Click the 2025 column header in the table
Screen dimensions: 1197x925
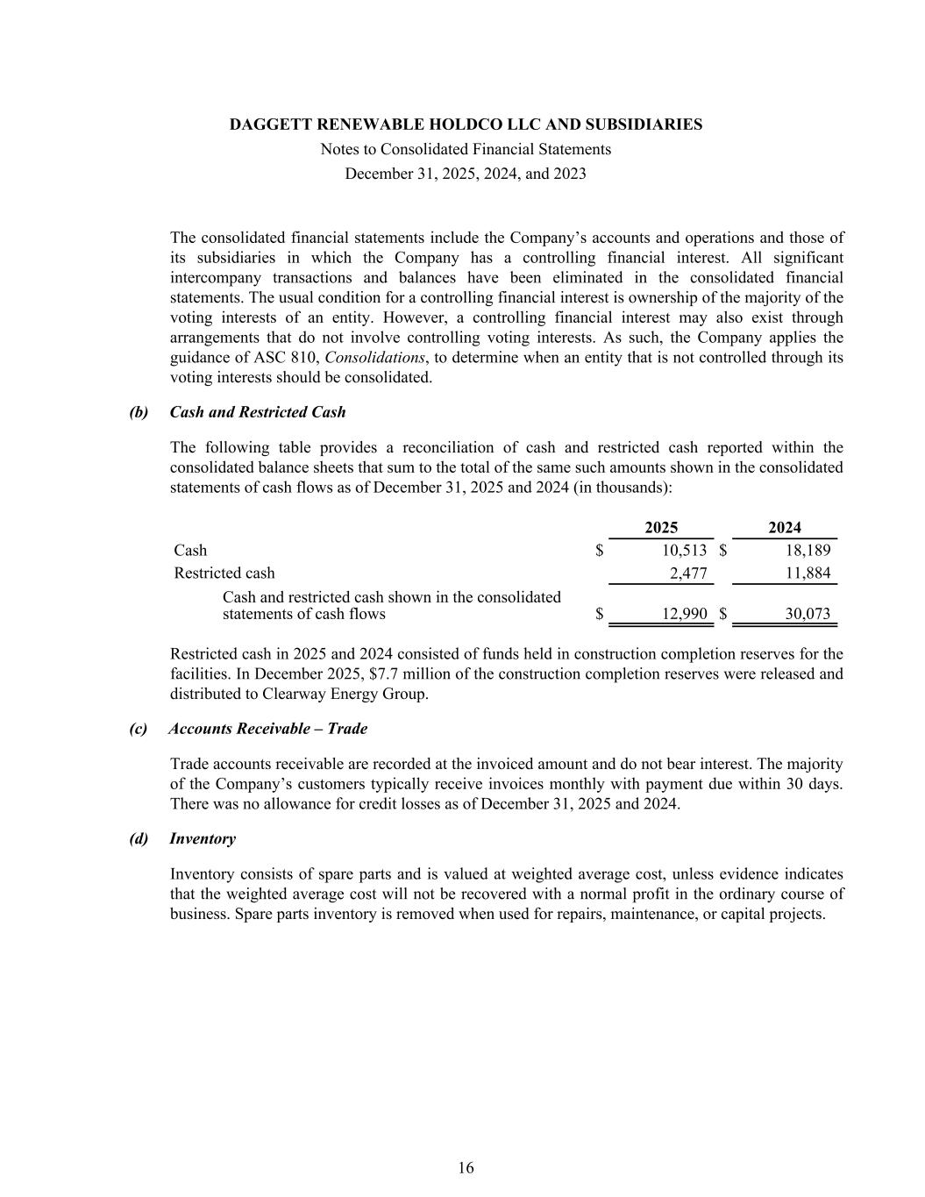(661, 527)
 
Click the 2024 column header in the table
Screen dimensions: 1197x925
(785, 527)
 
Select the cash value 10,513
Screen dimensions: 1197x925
(682, 551)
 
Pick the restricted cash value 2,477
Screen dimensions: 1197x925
(688, 574)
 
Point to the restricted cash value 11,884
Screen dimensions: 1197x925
(808, 574)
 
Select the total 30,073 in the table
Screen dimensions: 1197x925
(808, 614)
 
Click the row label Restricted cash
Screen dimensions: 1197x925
(224, 574)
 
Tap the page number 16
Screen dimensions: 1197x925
(466, 1168)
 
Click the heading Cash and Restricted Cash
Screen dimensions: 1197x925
(258, 412)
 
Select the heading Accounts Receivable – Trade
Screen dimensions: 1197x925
(268, 729)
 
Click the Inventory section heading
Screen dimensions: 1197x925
(203, 839)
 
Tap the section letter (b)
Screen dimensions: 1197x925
(139, 412)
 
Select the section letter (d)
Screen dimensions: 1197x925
(139, 839)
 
